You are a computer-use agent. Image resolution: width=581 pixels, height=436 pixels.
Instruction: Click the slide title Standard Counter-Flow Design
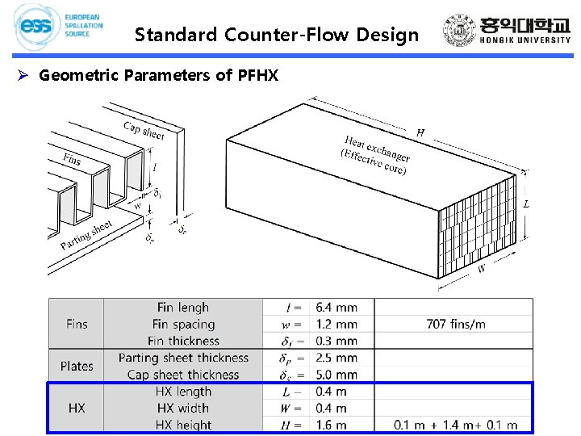(x=277, y=35)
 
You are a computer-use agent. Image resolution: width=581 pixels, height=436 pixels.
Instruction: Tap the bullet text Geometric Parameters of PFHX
(x=158, y=76)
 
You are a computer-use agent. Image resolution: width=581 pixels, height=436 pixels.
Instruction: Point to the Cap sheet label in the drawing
(x=144, y=130)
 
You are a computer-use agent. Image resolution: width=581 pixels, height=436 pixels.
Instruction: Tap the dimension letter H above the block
(x=420, y=132)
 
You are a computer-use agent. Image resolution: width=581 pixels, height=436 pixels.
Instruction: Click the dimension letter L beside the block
(x=526, y=204)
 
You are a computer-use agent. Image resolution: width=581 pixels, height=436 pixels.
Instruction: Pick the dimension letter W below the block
(x=482, y=270)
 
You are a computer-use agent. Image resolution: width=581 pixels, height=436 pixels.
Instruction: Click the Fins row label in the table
(x=77, y=324)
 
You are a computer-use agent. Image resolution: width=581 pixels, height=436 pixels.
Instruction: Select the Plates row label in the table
(x=77, y=366)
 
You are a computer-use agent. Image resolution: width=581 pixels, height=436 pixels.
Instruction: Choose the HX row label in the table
(x=77, y=408)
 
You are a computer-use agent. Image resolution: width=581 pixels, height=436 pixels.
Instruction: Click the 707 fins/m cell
(x=456, y=324)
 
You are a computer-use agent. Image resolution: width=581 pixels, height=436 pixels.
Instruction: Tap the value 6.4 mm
(x=337, y=308)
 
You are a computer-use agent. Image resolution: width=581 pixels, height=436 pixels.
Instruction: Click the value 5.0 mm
(x=337, y=375)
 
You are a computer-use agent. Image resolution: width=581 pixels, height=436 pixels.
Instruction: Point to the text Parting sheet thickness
(x=183, y=358)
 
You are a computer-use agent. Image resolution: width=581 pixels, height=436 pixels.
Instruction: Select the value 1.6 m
(x=332, y=425)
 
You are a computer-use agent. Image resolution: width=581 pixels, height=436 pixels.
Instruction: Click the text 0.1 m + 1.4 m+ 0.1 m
(x=456, y=425)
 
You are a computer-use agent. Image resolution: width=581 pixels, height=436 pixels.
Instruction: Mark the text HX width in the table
(x=183, y=408)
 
